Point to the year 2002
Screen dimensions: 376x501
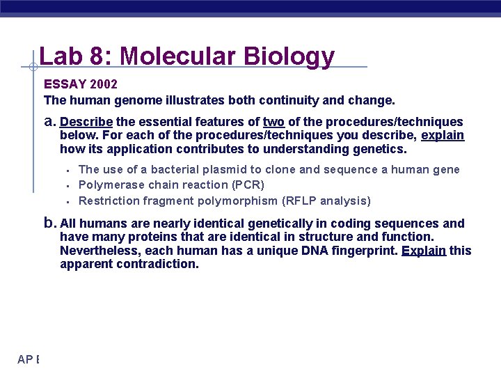click(103, 84)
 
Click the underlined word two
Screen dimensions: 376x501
click(273, 122)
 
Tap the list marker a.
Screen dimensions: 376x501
click(49, 122)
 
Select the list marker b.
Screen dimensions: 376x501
click(49, 224)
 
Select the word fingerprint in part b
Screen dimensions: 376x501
click(366, 251)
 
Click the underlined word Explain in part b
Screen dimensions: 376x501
click(424, 251)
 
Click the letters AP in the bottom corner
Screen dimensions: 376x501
click(26, 359)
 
